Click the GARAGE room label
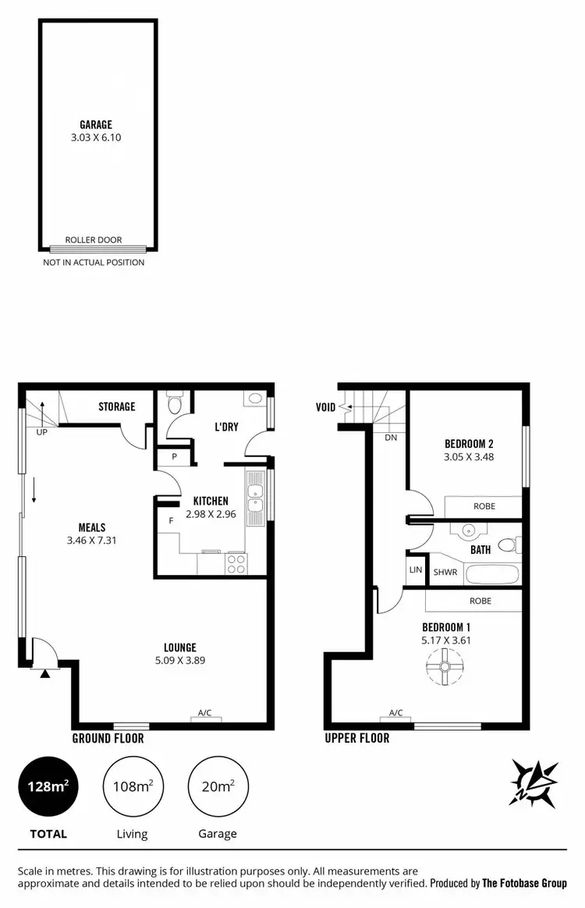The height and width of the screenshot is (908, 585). (x=95, y=125)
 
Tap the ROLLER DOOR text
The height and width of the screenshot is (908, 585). (x=94, y=240)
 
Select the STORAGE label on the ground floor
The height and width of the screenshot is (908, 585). (x=116, y=406)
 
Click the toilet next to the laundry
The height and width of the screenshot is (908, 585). (x=175, y=404)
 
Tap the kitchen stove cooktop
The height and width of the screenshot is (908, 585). (x=236, y=564)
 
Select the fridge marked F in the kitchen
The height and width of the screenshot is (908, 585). (x=170, y=520)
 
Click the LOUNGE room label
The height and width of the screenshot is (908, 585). (x=179, y=647)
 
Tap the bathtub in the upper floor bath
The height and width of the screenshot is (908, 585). (x=491, y=576)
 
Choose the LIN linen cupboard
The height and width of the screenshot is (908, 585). (x=415, y=570)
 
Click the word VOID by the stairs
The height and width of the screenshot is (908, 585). (x=325, y=407)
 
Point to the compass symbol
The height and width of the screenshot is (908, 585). (x=534, y=782)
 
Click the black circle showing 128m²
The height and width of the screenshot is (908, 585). (x=48, y=786)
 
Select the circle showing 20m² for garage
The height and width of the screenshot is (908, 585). (x=217, y=786)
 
